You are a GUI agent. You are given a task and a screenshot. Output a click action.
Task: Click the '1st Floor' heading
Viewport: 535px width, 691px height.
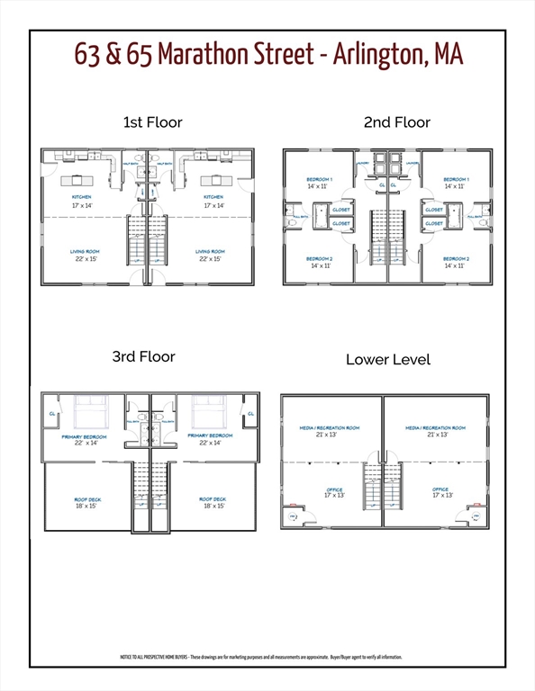pyautogui.click(x=151, y=121)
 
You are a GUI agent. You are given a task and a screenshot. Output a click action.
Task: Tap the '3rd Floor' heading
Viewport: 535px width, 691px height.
pyautogui.click(x=143, y=356)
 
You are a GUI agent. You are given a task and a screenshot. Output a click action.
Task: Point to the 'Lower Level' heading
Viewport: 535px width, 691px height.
pyautogui.click(x=388, y=359)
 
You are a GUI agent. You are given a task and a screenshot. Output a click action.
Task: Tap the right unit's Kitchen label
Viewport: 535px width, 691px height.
pyautogui.click(x=213, y=196)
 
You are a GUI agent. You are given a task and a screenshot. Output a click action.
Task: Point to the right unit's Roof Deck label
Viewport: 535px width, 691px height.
pyautogui.click(x=213, y=498)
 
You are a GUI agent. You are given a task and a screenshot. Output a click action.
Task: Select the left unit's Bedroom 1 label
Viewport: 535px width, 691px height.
pyautogui.click(x=320, y=180)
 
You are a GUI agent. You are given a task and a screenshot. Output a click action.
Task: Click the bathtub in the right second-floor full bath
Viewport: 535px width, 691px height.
pyautogui.click(x=456, y=217)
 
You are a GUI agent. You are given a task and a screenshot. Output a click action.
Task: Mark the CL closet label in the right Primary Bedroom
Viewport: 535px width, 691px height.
pyautogui.click(x=250, y=414)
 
